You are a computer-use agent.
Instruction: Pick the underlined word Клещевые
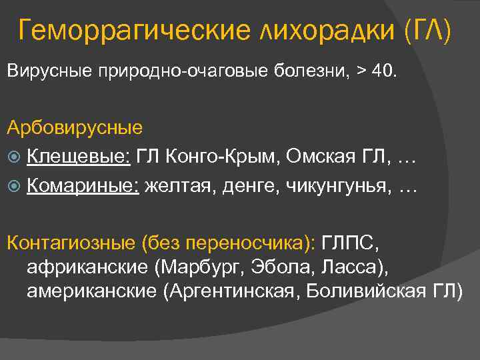click(79, 157)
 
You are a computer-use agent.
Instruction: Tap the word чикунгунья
click(337, 187)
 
